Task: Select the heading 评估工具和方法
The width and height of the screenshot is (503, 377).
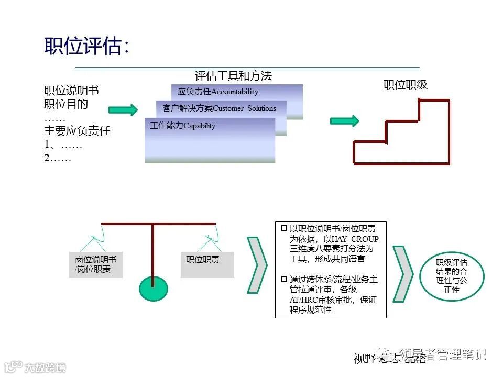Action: [233, 76]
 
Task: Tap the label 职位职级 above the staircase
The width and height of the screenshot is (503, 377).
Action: [405, 85]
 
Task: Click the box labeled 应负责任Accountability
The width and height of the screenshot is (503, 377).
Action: [237, 92]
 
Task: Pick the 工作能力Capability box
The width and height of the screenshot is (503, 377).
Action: [210, 140]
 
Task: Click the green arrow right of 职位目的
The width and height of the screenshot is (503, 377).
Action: [123, 109]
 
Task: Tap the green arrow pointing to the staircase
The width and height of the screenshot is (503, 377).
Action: [344, 121]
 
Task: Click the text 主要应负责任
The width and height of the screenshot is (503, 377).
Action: [77, 131]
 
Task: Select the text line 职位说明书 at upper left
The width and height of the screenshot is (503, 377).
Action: [71, 91]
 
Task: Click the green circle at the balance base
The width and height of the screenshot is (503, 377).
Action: [153, 288]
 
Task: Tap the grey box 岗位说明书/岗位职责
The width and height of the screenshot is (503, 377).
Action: [95, 264]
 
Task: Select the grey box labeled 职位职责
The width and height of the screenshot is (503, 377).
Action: [207, 264]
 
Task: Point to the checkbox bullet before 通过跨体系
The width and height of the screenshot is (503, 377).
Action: [284, 279]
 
